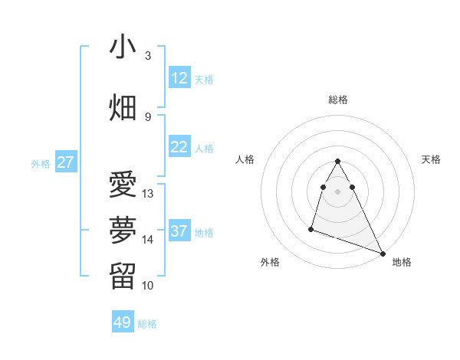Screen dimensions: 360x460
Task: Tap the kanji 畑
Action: (123, 108)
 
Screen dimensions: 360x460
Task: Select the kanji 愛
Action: (123, 185)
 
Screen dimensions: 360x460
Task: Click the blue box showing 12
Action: (179, 78)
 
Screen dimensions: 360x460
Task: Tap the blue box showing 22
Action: (179, 147)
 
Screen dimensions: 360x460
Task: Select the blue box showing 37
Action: (179, 231)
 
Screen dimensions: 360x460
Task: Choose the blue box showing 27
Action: (65, 162)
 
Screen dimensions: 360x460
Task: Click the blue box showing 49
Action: (123, 322)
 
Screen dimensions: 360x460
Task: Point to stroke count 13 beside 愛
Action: (148, 194)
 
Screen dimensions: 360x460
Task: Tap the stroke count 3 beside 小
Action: (148, 56)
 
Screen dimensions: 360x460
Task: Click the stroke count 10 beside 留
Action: (148, 286)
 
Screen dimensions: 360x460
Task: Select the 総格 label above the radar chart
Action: (338, 100)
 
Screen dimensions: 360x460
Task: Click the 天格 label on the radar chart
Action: (431, 159)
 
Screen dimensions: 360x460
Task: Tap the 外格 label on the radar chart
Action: (270, 262)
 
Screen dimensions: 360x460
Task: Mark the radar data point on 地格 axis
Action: (383, 254)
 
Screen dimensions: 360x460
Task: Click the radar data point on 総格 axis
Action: (338, 162)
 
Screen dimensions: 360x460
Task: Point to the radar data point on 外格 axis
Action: (311, 228)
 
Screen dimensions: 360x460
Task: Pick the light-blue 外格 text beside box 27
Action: (41, 163)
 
